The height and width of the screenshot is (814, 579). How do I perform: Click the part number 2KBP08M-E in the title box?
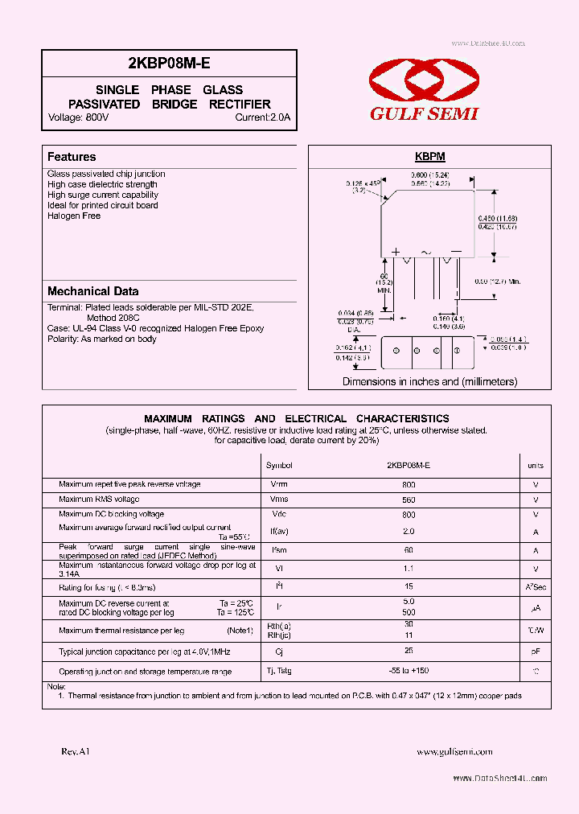[x=169, y=62]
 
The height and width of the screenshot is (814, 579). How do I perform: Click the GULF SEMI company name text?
[x=424, y=114]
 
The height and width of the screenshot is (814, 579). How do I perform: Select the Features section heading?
[x=72, y=157]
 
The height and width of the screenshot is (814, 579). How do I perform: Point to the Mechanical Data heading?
[x=92, y=291]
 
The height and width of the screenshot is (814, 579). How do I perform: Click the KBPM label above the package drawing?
[x=429, y=157]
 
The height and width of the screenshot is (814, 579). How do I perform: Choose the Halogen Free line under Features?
[x=74, y=216]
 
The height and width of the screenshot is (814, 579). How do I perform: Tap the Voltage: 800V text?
[x=78, y=117]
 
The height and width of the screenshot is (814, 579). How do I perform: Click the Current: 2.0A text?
[x=262, y=117]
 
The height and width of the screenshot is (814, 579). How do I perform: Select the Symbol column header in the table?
[x=279, y=466]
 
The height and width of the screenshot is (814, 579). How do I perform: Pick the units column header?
[x=536, y=466]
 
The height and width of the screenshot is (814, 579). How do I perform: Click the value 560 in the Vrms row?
[x=409, y=499]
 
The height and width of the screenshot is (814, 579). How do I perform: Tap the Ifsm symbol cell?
[x=279, y=550]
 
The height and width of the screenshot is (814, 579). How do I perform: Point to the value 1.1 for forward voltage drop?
[x=409, y=569]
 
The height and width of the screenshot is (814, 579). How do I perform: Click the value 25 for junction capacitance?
[x=409, y=650]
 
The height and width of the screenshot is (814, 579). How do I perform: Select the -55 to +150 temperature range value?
[x=409, y=671]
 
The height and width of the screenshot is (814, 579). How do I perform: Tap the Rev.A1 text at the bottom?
[x=76, y=751]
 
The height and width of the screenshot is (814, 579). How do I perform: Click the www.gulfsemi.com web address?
[x=454, y=751]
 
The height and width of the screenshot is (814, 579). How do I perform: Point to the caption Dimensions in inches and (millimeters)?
[x=429, y=381]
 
